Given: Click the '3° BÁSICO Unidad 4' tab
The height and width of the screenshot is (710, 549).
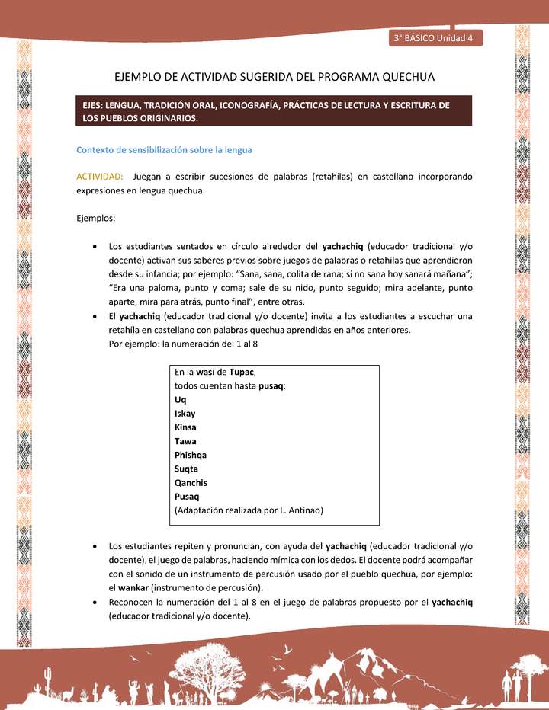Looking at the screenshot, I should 434,38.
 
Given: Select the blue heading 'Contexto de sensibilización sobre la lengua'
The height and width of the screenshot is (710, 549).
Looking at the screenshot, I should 164,149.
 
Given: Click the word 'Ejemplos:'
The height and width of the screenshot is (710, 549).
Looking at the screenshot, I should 95,219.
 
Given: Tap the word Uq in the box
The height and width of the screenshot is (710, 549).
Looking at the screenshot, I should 180,399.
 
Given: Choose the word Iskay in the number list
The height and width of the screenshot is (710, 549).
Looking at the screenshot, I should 185,414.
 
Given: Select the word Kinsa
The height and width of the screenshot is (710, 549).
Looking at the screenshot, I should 185,427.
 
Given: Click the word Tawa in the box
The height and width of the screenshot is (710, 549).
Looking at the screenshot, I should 185,441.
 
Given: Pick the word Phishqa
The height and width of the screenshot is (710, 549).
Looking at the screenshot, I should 191,455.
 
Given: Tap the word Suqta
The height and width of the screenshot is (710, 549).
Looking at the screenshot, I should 186,469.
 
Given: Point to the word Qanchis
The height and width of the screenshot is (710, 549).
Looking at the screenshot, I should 191,482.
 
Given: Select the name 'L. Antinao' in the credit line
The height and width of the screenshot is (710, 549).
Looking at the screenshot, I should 302,510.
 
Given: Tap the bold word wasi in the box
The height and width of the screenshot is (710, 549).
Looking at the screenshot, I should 205,372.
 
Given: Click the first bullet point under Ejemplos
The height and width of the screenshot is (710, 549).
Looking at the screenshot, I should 94,247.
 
